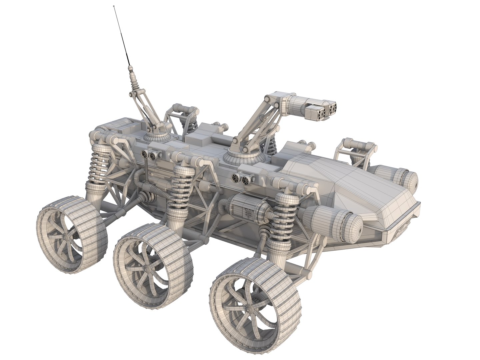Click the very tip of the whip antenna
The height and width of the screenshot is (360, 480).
(115, 6)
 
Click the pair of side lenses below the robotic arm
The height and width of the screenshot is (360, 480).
(241, 179)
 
